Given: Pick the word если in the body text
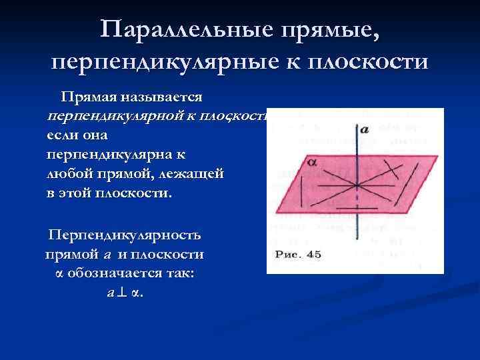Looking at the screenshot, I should click(61, 135).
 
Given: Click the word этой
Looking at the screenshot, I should click(80, 194).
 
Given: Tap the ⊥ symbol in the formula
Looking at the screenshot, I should click(121, 294).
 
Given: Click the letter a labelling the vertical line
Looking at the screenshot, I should click(365, 130).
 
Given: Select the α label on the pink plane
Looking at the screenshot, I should click(311, 161).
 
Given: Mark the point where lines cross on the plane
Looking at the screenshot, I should click(358, 183).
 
